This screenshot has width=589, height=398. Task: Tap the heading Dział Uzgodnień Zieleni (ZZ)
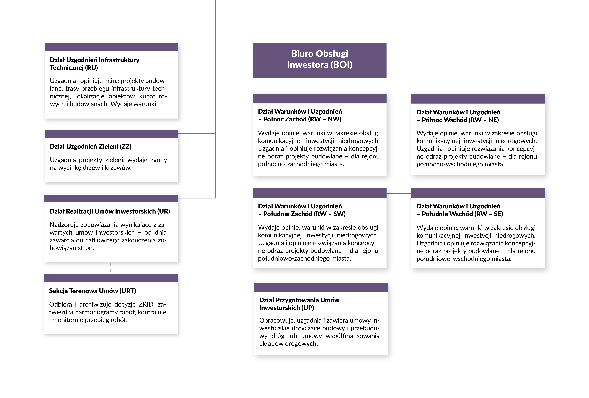pos(90,146)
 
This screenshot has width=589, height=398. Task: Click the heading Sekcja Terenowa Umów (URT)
pos(93,291)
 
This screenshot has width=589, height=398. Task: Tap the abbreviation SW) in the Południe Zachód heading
pos(340,214)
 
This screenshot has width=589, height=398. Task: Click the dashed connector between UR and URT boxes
pos(111,268)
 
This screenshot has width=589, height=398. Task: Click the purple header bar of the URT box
pos(111,278)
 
